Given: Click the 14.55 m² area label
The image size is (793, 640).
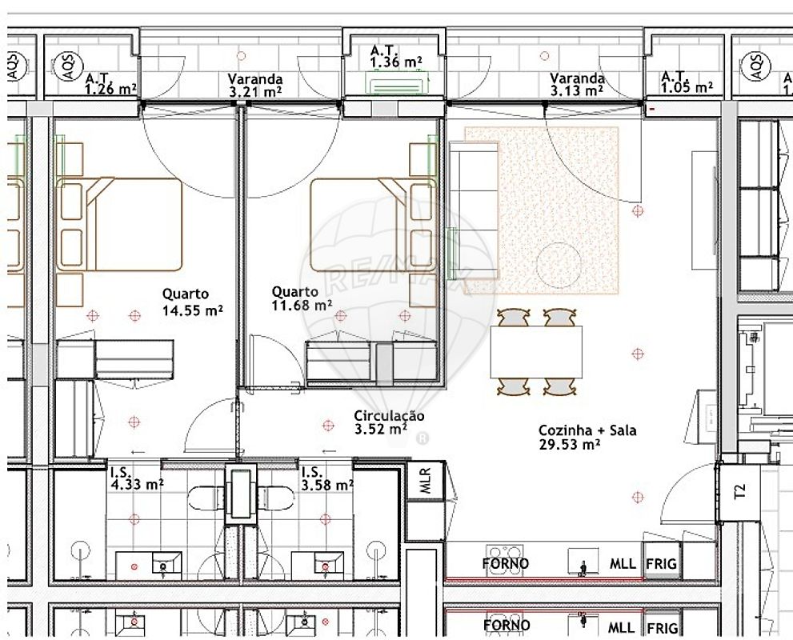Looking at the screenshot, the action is (193, 310).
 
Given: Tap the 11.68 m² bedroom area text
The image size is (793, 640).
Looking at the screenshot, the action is (302, 306).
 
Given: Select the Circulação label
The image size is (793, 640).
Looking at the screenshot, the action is (389, 416).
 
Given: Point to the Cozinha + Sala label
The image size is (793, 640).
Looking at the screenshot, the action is (587, 430).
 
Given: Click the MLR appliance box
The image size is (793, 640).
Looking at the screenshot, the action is (426, 480).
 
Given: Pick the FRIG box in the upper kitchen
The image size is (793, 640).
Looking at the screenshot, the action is (661, 563).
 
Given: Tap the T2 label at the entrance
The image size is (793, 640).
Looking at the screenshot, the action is (739, 491).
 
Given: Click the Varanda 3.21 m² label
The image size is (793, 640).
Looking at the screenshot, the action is (255, 85).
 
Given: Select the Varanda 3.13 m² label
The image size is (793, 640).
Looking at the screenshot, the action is (577, 85).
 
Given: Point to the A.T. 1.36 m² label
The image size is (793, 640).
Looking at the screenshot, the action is (397, 57).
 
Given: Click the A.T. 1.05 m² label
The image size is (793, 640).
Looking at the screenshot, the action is (687, 82).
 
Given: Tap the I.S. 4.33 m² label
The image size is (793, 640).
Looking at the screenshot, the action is (137, 478).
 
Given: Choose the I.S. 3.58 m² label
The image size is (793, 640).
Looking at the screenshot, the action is (327, 478).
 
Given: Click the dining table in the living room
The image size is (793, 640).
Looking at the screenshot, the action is (536, 352).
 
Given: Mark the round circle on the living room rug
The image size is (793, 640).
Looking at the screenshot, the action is (559, 264).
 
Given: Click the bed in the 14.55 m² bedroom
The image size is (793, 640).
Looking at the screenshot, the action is (119, 224).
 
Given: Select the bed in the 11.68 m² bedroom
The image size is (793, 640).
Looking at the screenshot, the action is (373, 225).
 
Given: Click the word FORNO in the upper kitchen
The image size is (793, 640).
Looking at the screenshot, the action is (506, 563).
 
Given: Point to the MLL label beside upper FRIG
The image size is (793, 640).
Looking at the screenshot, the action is (623, 563).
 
